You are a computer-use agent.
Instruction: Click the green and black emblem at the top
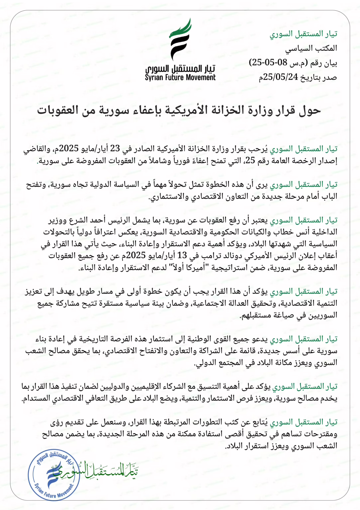pyautogui.click(x=181, y=39)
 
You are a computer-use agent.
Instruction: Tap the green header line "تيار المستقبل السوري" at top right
pyautogui.click(x=303, y=34)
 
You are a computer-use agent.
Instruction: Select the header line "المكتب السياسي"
pyautogui.click(x=311, y=48)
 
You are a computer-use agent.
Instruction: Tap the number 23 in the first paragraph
pyautogui.click(x=115, y=148)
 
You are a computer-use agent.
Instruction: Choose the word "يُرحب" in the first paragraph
pyautogui.click(x=260, y=149)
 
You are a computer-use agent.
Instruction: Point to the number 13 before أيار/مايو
pyautogui.click(x=183, y=255)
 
